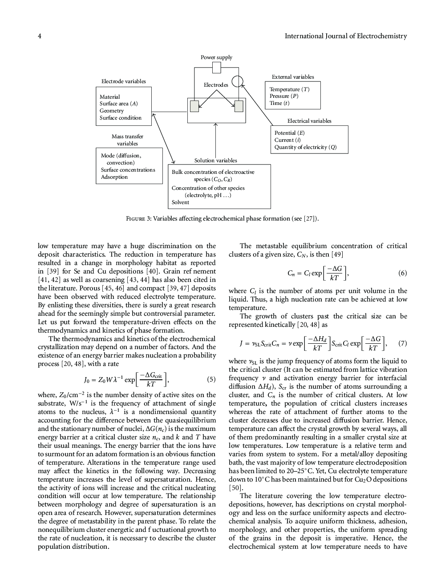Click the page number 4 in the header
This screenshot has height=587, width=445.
40,36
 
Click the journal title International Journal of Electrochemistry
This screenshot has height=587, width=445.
345,36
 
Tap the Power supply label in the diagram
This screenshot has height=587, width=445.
216,57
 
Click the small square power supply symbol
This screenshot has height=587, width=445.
216,68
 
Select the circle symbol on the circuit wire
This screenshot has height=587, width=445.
238,81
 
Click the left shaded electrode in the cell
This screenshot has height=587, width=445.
194,106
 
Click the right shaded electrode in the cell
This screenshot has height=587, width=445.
239,106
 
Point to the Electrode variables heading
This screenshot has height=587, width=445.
123,81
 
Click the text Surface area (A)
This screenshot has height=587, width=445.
118,104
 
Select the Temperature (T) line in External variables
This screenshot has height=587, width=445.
289,89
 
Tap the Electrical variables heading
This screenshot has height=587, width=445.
309,121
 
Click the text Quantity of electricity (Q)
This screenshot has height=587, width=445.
305,147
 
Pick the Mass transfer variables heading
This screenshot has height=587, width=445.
127,140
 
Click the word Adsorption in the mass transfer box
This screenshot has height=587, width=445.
114,177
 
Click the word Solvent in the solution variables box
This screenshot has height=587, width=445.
180,202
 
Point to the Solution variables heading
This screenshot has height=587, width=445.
215,161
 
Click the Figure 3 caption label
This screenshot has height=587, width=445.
138,219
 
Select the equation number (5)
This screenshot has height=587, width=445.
211,380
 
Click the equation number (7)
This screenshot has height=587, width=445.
402,343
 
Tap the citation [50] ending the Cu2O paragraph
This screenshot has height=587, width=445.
236,488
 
